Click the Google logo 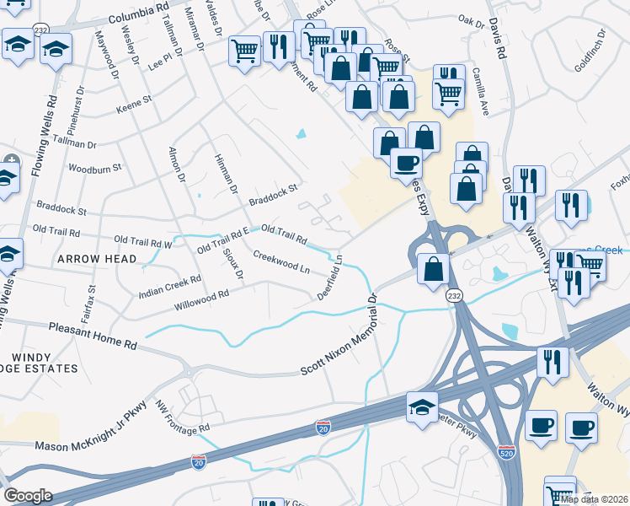tap(28, 496)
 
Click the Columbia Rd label tap(119, 14)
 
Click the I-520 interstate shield tap(506, 451)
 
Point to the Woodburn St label tap(95, 170)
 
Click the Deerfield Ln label tap(331, 278)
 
